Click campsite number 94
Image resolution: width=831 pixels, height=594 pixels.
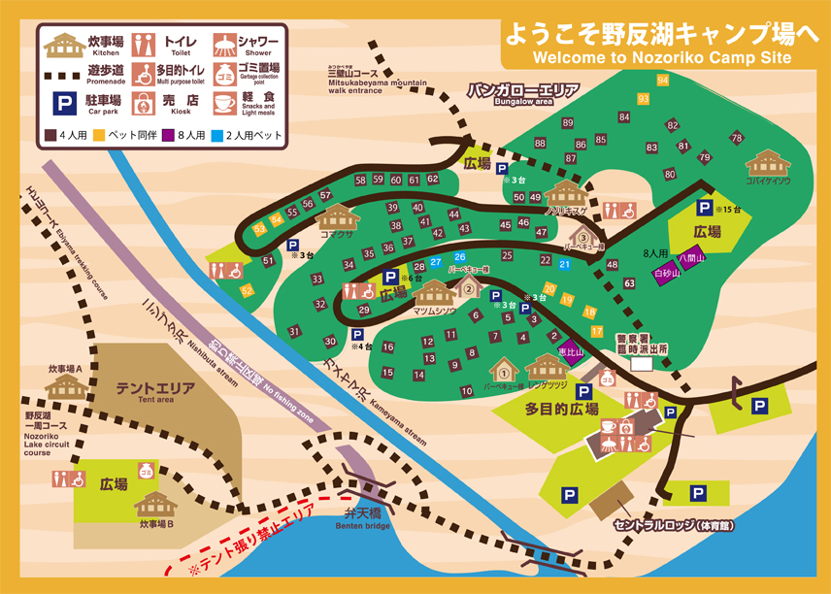click(x=662, y=80)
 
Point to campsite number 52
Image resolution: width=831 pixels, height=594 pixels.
click(x=247, y=290)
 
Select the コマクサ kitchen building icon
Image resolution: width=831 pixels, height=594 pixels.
click(x=337, y=217)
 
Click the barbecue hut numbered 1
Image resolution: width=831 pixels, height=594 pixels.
click(x=504, y=370)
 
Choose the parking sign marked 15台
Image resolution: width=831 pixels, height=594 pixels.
click(x=704, y=208)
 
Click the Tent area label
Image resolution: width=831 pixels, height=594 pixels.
click(x=156, y=391)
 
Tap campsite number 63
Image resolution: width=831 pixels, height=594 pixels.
click(x=629, y=282)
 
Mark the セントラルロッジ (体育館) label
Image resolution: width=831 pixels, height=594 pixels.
click(x=673, y=525)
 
